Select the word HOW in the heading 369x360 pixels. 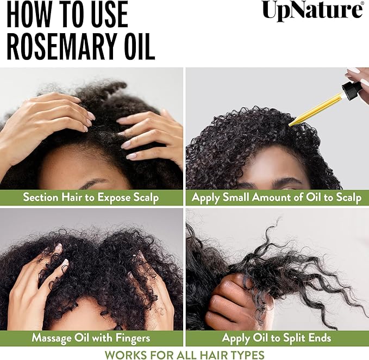[28, 15]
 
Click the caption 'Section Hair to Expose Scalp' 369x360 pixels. [91, 197]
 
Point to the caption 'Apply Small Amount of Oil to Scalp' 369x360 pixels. [277, 197]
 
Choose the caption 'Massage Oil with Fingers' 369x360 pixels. [91, 338]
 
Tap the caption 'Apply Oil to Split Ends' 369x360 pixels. [277, 338]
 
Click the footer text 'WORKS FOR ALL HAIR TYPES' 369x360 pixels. [184, 355]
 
